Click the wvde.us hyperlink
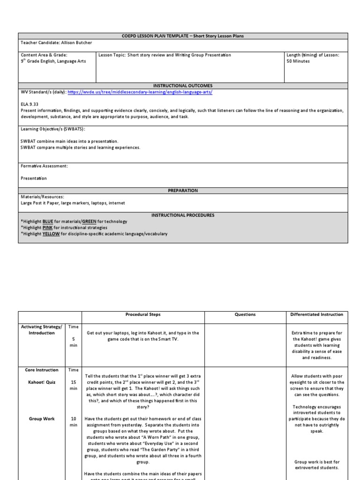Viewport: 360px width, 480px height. click(x=140, y=92)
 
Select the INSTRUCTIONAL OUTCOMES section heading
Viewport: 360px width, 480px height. click(x=183, y=86)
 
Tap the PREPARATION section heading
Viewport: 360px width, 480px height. click(x=183, y=190)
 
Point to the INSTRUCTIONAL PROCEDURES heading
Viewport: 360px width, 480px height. click(x=183, y=215)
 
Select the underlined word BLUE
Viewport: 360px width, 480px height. click(x=48, y=221)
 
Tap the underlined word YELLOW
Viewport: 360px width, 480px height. click(x=51, y=233)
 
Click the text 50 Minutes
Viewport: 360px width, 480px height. click(x=298, y=61)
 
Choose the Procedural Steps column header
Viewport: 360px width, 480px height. click(x=143, y=315)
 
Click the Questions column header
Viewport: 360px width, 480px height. click(x=246, y=315)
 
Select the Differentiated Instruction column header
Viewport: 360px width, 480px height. click(x=317, y=315)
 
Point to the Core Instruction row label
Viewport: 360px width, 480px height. click(x=42, y=370)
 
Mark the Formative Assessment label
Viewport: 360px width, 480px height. click(x=45, y=166)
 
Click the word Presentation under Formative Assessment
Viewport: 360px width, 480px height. click(x=34, y=178)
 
